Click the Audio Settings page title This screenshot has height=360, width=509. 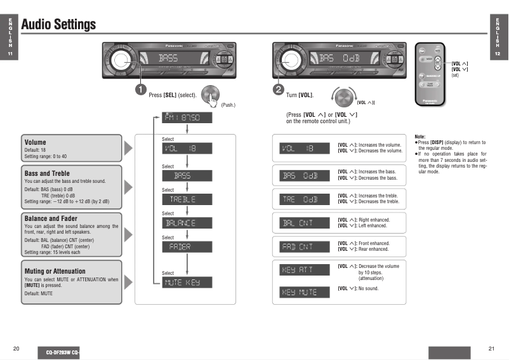(x=58, y=25)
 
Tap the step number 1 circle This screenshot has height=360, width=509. (x=141, y=90)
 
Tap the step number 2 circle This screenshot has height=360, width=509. (x=279, y=90)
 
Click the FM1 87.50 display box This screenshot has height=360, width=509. (x=187, y=118)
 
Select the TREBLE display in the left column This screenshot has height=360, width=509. (x=187, y=199)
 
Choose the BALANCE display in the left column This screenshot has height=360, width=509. (x=187, y=223)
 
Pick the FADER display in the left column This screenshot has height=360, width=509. (x=187, y=246)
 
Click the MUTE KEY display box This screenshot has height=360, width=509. (x=187, y=283)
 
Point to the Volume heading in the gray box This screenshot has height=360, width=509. (x=35, y=142)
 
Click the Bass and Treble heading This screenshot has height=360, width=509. (x=47, y=173)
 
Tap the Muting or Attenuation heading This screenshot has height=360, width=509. (x=55, y=271)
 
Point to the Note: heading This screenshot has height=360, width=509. (x=420, y=137)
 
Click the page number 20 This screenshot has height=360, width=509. (x=16, y=349)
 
